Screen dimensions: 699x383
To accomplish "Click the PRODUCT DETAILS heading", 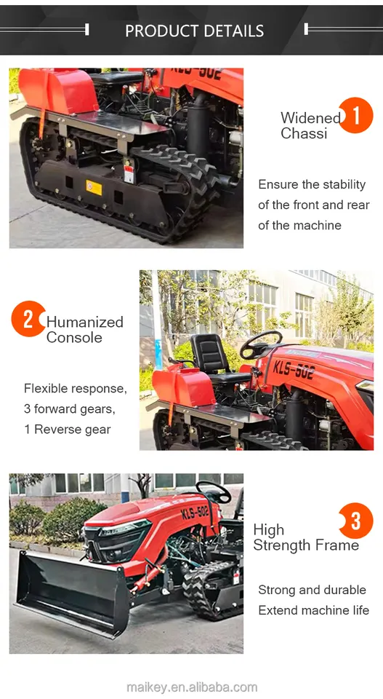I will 194,31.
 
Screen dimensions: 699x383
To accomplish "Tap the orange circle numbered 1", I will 355,116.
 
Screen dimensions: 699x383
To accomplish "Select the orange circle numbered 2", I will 28,319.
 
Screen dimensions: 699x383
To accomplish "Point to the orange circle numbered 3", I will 355,521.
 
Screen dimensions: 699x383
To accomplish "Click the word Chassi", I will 304,134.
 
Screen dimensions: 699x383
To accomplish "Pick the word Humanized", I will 85,322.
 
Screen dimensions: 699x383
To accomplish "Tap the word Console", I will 74,338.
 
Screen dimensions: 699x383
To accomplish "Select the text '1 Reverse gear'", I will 68,429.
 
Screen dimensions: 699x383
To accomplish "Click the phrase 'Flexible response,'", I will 75,388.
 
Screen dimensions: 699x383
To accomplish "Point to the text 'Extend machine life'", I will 313,610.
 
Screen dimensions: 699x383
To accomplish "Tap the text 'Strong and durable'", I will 312,590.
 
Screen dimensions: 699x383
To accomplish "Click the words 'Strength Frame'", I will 306,545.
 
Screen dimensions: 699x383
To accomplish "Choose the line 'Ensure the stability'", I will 312,184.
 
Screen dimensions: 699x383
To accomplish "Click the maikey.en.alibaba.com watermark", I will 192,687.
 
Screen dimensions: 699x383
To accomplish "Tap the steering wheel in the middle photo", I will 260,344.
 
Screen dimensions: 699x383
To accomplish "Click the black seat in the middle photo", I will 211,357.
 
